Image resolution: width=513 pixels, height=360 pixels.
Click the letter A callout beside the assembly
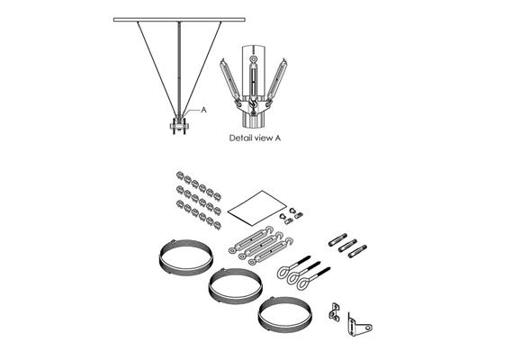[205, 110]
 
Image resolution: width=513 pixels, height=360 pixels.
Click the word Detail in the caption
[241, 138]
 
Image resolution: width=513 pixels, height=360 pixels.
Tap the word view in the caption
[268, 138]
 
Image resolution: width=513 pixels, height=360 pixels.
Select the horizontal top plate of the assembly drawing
[179, 19]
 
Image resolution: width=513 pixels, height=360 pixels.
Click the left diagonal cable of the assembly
[156, 63]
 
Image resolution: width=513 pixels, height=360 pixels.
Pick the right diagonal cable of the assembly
[203, 63]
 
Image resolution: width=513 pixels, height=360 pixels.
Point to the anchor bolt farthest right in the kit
[357, 249]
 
